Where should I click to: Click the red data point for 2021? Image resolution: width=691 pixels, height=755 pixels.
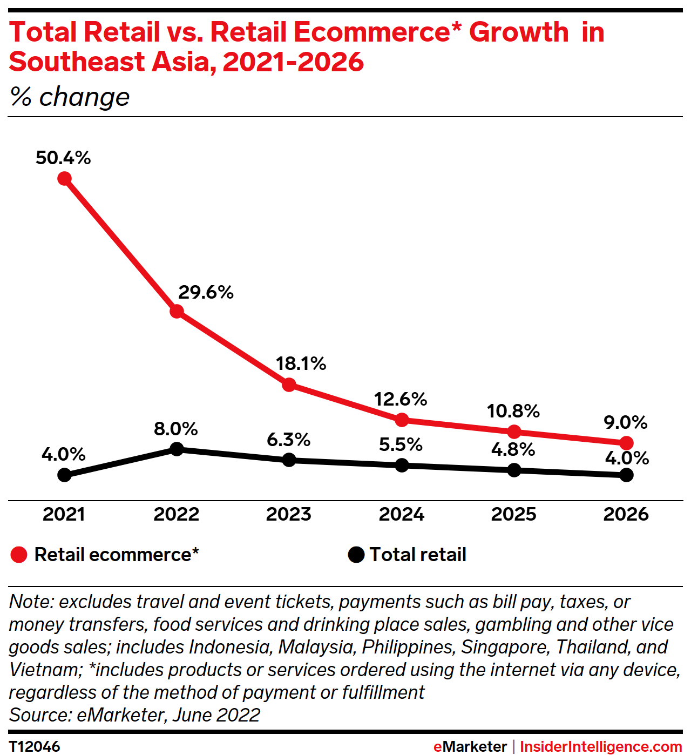[x=64, y=178]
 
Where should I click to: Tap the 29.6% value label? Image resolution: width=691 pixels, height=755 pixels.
[x=206, y=293]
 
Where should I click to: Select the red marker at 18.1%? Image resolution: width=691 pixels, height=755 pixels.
[x=289, y=385]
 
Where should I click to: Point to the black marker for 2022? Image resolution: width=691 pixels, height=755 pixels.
[x=177, y=449]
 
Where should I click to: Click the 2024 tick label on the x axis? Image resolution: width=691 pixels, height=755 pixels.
[x=401, y=514]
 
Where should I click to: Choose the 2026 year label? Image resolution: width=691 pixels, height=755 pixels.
[x=626, y=514]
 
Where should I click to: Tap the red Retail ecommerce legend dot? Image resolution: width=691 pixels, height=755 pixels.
[x=19, y=555]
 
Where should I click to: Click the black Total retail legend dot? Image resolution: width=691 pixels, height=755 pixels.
[x=356, y=555]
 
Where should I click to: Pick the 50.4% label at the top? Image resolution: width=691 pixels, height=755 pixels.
[x=63, y=158]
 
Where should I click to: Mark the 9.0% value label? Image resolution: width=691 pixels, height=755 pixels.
[x=625, y=422]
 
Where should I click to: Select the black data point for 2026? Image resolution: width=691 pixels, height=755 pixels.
[x=626, y=475]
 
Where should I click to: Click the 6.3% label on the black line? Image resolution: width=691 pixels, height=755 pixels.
[x=288, y=440]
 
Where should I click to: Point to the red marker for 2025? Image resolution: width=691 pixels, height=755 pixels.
[x=514, y=432]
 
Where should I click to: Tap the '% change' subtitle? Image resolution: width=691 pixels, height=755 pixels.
[x=70, y=97]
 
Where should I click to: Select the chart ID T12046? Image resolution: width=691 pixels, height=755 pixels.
[x=35, y=746]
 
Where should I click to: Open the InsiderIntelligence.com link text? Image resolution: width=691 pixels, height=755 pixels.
[x=600, y=746]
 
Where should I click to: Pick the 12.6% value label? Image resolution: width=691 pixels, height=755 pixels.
[x=401, y=400]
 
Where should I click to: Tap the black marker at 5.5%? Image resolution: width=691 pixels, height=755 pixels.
[x=402, y=465]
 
